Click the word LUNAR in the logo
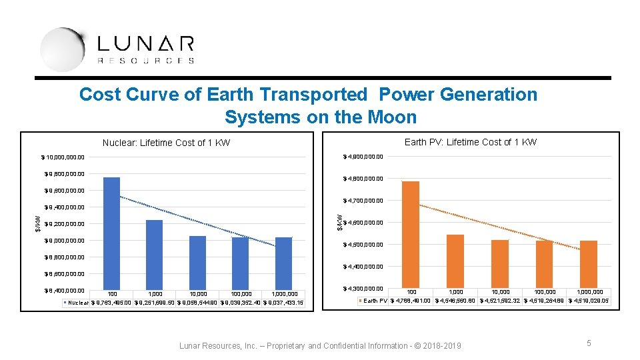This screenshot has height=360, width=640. (145, 45)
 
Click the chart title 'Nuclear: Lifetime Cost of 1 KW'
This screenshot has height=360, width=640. (166, 143)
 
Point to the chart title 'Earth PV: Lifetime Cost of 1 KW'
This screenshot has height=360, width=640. (471, 141)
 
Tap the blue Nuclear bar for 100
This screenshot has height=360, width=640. (111, 233)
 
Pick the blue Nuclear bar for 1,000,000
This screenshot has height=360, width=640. (283, 263)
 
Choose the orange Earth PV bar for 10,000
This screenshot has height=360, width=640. (500, 263)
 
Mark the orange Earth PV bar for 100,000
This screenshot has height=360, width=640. (545, 264)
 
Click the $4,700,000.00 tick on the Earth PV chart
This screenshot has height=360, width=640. (363, 201)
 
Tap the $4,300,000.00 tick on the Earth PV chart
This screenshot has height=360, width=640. (363, 289)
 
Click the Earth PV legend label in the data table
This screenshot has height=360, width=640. (375, 301)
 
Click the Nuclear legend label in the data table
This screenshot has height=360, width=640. (78, 303)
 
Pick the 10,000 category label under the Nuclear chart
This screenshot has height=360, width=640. (197, 294)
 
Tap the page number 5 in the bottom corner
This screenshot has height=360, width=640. (589, 343)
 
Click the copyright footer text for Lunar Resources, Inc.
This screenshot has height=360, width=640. (320, 345)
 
